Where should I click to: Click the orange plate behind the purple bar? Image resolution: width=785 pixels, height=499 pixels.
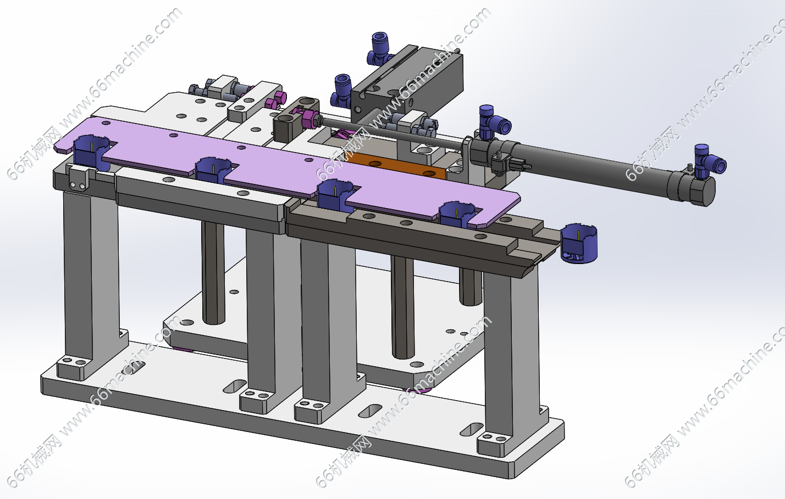(x=400, y=167)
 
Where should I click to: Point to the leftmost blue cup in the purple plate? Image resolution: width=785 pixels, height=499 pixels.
(x=90, y=153)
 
